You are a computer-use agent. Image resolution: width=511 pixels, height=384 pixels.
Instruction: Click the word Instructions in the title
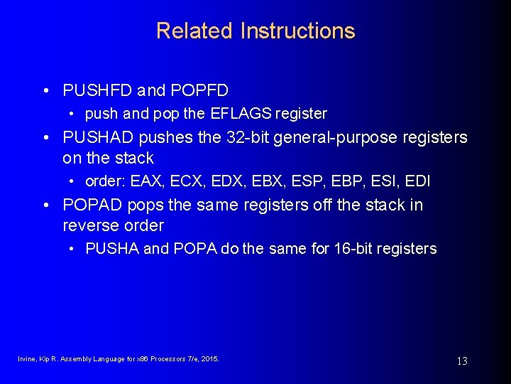point(297,31)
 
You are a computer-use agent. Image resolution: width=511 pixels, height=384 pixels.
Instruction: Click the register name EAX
point(145,181)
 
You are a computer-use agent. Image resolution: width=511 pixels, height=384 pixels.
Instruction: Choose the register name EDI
point(418,181)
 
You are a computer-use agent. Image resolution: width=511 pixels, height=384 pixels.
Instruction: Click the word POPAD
point(91,206)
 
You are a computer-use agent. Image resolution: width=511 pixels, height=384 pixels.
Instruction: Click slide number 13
point(461,361)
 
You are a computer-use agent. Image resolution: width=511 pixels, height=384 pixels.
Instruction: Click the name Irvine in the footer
point(27,359)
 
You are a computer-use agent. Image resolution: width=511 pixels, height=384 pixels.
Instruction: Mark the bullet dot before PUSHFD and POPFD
point(45,91)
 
